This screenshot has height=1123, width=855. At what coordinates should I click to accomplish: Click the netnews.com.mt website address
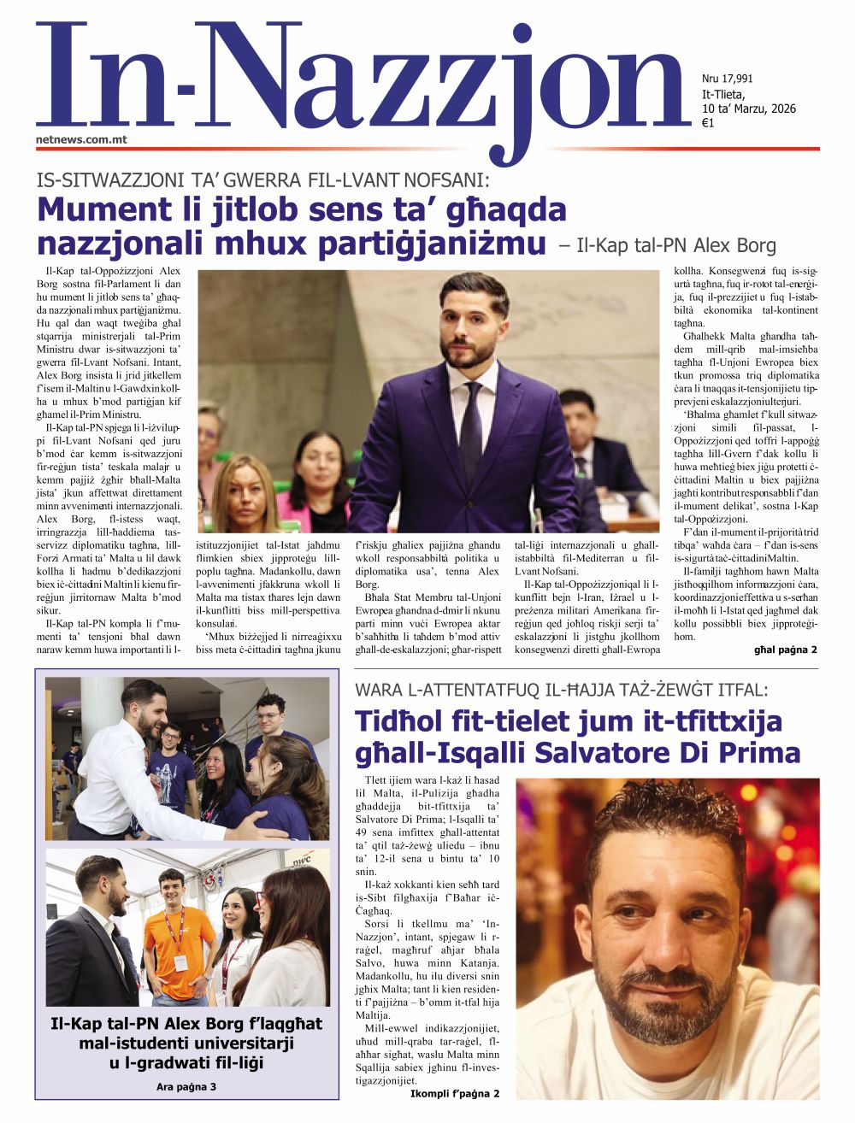(x=81, y=138)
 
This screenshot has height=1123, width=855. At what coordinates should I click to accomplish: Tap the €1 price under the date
(x=708, y=123)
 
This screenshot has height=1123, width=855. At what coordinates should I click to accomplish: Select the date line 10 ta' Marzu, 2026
(x=748, y=109)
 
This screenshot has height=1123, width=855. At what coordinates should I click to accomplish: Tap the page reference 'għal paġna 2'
(x=785, y=650)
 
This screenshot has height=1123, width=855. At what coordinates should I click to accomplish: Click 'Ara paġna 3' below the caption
(x=186, y=1086)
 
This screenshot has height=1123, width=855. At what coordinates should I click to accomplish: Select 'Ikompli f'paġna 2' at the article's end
(x=454, y=1093)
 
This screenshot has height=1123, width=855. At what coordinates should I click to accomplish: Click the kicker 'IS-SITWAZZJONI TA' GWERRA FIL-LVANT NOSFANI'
(x=262, y=180)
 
